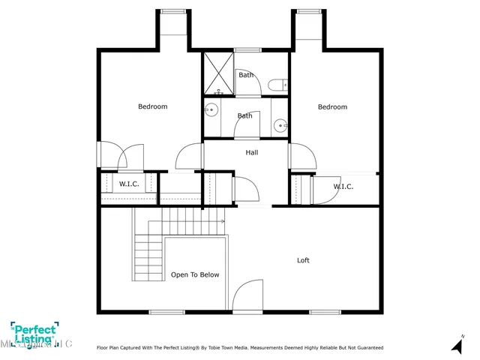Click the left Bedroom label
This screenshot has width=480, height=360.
pos(152,106)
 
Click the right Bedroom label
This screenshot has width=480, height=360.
pos(332,106)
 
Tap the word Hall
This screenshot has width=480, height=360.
pos(252,152)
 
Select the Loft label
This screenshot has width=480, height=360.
pos(303,260)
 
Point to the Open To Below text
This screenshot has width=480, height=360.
pos(195,274)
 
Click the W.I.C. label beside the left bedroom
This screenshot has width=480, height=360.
pos(129,184)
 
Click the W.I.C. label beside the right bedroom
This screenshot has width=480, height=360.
pos(343,187)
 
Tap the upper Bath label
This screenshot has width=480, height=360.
pos(245,75)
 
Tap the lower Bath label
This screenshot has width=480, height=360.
pos(245,115)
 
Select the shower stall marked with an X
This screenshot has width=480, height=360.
pos(219,73)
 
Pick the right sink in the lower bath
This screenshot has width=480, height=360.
pos(279,125)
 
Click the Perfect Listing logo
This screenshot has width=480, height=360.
pos(34,334)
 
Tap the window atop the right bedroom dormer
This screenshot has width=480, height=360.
pos(306,11)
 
